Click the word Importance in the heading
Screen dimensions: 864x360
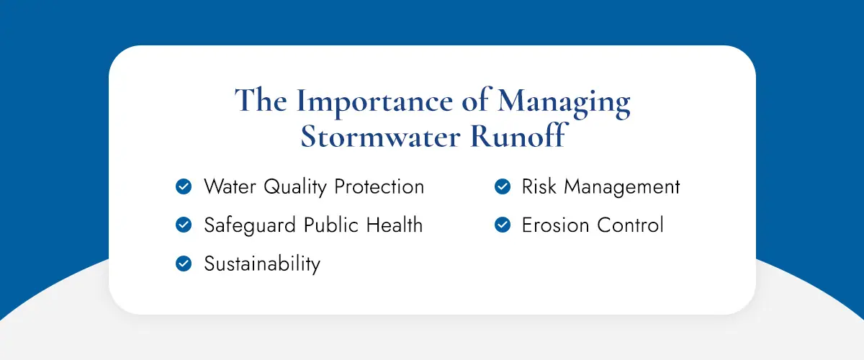pos(374,102)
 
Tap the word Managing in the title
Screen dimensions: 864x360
pos(564,102)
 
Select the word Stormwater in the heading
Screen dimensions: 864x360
pos(380,137)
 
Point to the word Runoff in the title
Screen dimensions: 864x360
pos(518,135)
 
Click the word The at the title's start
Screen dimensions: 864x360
pos(261,100)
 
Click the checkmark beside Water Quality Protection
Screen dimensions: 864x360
pos(184,186)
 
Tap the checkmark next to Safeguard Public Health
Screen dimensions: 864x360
pos(184,225)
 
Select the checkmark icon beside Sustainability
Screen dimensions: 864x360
pos(184,264)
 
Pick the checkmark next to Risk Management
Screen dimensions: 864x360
pos(503,186)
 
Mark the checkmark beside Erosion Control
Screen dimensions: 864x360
pos(503,225)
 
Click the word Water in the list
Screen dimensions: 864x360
pos(230,186)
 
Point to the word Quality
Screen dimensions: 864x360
pos(295,187)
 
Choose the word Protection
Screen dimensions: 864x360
pos(379,186)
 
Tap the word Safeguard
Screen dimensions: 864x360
pos(250,226)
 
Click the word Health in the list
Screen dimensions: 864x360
pos(395,225)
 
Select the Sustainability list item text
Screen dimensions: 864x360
pos(262,264)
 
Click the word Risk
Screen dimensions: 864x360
pos(539,186)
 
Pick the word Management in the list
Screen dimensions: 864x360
pos(622,187)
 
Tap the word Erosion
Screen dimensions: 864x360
pos(555,225)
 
